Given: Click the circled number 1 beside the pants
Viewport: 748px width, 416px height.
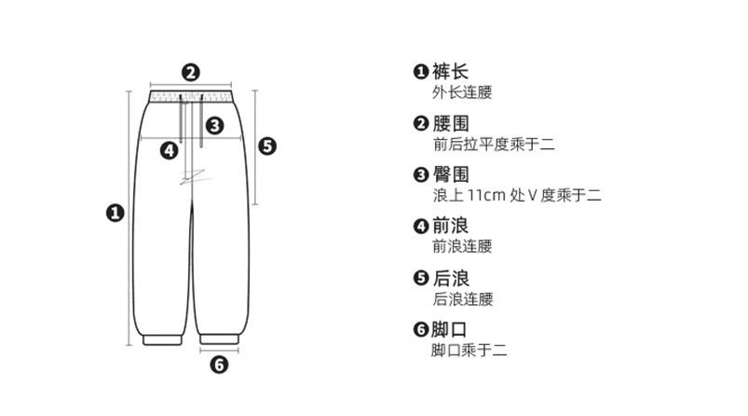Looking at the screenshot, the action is [x=115, y=213].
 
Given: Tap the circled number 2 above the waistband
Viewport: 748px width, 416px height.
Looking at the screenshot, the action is [x=190, y=72].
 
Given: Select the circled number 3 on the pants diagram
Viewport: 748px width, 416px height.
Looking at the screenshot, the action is [x=213, y=124].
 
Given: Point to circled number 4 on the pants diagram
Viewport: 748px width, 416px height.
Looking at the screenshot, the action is [x=169, y=149].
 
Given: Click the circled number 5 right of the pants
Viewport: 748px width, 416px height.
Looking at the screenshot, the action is [x=266, y=146].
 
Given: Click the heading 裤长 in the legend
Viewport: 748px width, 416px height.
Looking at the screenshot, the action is [x=450, y=72].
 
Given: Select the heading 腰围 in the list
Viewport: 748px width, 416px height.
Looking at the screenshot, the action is [x=450, y=123].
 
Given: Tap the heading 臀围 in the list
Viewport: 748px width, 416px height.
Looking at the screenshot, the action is [x=450, y=174].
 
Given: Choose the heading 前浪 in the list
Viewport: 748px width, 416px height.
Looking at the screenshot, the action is [x=450, y=226].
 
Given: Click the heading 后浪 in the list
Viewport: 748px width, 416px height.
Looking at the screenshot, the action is [x=450, y=278].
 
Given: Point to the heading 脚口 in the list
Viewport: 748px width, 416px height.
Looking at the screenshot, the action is [x=450, y=329].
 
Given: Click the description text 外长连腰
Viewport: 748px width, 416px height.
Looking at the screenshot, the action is [x=462, y=93].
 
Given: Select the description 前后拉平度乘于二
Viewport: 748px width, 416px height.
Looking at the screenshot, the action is [x=494, y=145].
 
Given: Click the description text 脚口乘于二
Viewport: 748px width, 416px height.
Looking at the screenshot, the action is [x=469, y=351].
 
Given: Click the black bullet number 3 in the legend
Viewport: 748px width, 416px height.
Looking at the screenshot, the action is [x=420, y=174].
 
